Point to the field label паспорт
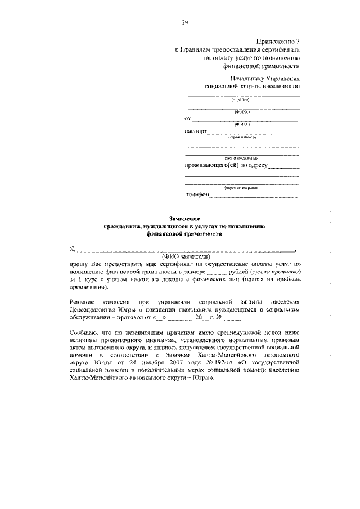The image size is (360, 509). pyautogui.click(x=196, y=132)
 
